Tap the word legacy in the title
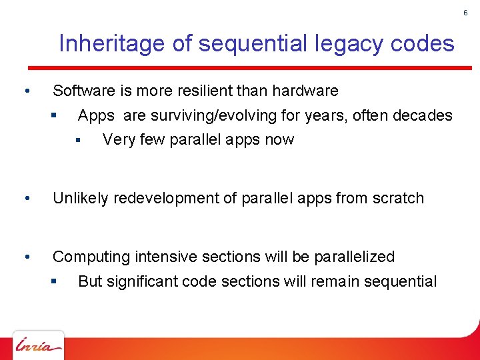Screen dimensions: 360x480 (337, 44)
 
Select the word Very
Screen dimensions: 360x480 (117, 140)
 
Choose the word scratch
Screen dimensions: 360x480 (398, 199)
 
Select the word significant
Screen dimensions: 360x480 (138, 282)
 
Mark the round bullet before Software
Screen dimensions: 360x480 (25, 91)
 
